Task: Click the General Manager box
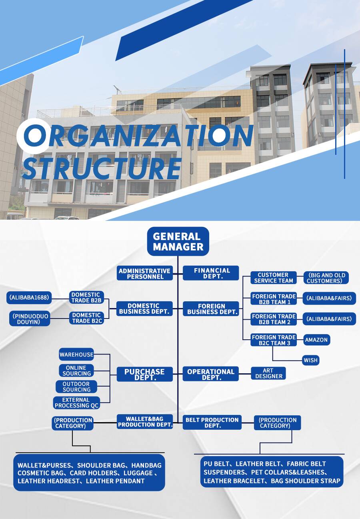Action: [178, 241]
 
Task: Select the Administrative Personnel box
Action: [145, 273]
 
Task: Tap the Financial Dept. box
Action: [211, 273]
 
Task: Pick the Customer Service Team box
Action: [273, 278]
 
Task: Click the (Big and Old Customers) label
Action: [326, 278]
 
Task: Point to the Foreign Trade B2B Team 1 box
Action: [274, 299]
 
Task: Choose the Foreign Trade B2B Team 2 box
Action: [274, 319]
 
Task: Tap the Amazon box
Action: [316, 340]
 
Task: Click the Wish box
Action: [311, 360]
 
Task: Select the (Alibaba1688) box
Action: [29, 297]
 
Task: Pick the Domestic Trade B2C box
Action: [87, 318]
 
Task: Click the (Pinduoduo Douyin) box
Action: [30, 319]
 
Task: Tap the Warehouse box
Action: [76, 354]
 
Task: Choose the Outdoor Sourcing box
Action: [76, 387]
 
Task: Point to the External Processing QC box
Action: [77, 403]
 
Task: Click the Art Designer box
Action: [268, 373]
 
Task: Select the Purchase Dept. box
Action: [145, 374]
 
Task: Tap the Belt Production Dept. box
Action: [212, 423]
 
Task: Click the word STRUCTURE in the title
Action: [102, 168]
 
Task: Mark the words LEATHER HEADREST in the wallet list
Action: [48, 481]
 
